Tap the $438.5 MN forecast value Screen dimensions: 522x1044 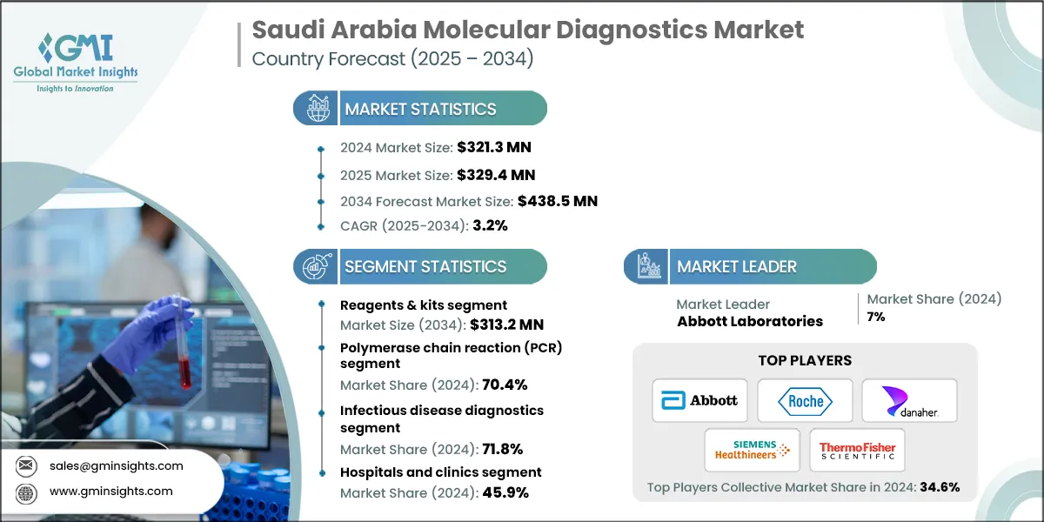pyautogui.click(x=557, y=201)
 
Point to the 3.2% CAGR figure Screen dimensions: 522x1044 pyautogui.click(x=490, y=226)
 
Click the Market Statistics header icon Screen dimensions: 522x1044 pyautogui.click(x=315, y=109)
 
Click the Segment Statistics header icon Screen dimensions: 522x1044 pyautogui.click(x=315, y=266)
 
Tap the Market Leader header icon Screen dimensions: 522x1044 pyautogui.click(x=645, y=266)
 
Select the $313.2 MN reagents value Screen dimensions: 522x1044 pyautogui.click(x=506, y=325)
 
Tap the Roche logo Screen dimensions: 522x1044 pyautogui.click(x=805, y=400)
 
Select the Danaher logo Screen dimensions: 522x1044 pyautogui.click(x=909, y=400)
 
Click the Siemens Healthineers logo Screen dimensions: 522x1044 pyautogui.click(x=752, y=450)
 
